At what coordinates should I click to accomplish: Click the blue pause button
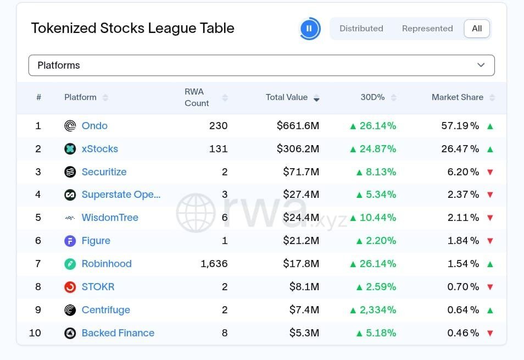309,29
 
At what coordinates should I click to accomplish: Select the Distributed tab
361,29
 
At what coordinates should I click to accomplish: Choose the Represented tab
427,29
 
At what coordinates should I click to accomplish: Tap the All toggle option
477,29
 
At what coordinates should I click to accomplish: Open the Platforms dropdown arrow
481,65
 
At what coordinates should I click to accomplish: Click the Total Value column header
287,97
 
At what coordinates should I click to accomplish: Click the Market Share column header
457,97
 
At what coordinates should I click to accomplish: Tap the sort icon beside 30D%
393,98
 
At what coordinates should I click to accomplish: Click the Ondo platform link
94,126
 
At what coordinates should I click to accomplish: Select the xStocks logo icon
70,149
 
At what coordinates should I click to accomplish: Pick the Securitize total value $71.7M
301,172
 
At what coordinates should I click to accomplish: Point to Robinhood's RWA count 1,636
214,264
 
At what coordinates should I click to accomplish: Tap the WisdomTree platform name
110,218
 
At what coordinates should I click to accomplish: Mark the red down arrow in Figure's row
490,241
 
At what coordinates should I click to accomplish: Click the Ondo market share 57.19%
460,126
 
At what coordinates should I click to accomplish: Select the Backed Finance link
118,333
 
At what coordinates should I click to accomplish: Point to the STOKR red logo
70,287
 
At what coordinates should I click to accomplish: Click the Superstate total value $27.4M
301,195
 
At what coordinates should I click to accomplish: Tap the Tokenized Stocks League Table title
132,29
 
